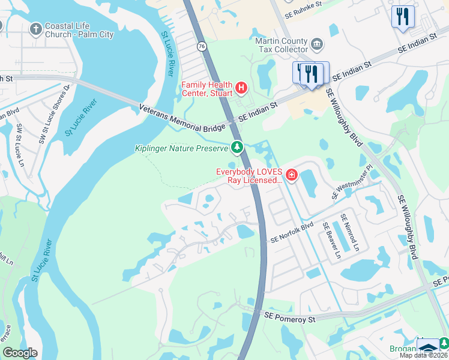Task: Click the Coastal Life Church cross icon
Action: click(x=36, y=29)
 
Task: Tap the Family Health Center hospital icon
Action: click(x=241, y=88)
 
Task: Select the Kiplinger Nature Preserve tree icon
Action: click(x=238, y=147)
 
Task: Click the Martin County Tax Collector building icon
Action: click(x=317, y=44)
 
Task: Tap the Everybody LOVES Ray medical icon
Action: click(x=292, y=175)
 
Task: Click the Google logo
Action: click(x=20, y=353)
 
